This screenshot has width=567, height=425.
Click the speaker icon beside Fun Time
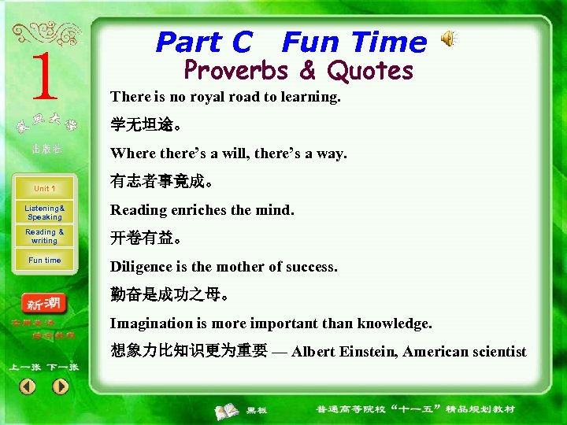pos(447,39)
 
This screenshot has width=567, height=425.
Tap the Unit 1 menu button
pos(44,189)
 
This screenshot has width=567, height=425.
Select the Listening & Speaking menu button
pos(44,213)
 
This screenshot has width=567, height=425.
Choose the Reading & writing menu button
pos(44,236)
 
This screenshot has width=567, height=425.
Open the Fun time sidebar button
pos(44,261)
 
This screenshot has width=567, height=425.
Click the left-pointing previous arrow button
pos(28,386)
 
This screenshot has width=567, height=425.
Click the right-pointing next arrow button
pos(61,386)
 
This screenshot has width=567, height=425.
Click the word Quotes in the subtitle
pos(370,71)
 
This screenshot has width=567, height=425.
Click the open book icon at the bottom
pos(228,410)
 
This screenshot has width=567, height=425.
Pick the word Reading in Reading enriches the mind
pos(136,210)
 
